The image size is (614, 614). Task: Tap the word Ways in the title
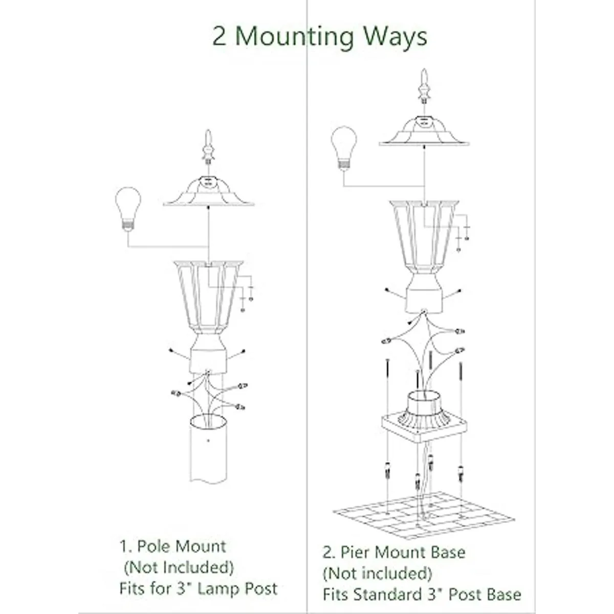click(396, 37)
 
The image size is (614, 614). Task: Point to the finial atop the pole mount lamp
click(208, 147)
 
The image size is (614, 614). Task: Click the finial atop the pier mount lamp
click(424, 86)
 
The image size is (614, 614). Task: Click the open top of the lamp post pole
click(208, 423)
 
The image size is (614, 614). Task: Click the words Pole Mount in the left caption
click(181, 546)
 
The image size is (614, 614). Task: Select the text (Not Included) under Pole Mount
click(179, 567)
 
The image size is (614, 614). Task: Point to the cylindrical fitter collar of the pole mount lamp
click(208, 355)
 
